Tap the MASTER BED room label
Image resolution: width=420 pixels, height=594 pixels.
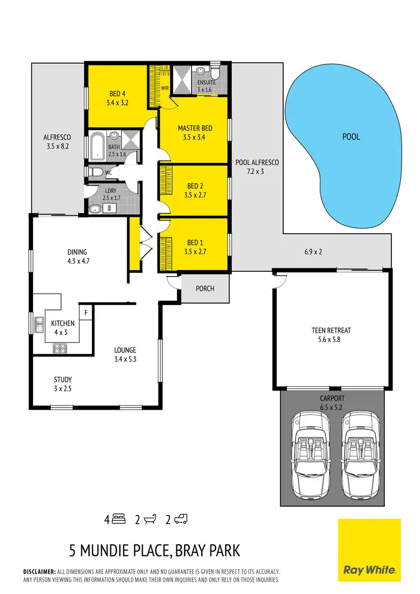click(x=194, y=128)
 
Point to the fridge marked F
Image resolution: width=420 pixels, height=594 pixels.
click(x=86, y=312)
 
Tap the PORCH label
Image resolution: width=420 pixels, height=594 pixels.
click(x=205, y=289)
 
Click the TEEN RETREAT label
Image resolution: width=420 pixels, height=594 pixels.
click(x=331, y=331)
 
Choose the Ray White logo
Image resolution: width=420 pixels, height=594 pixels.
click(x=370, y=550)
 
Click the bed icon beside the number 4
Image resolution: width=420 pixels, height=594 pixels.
click(x=118, y=519)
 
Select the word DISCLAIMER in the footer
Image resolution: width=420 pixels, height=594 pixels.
click(x=39, y=571)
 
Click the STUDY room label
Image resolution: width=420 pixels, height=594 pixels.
click(x=63, y=379)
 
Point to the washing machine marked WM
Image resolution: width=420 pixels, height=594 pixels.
click(x=109, y=208)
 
